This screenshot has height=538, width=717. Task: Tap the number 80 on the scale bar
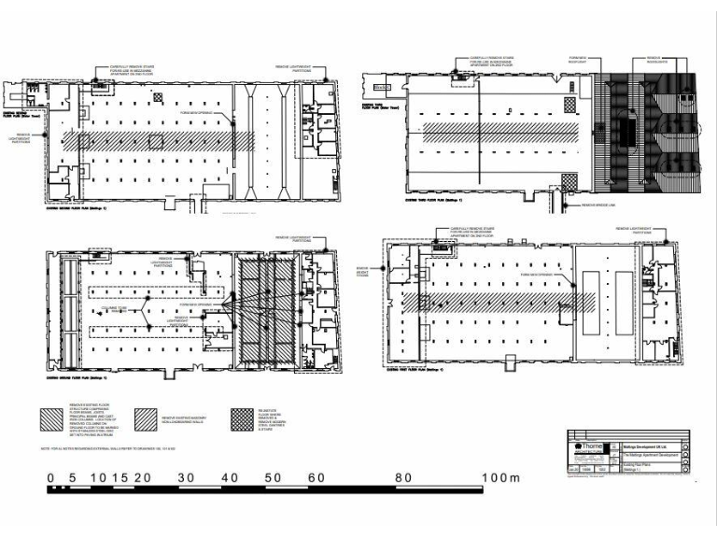[402, 477]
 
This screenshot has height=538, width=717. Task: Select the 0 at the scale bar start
[51, 477]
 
